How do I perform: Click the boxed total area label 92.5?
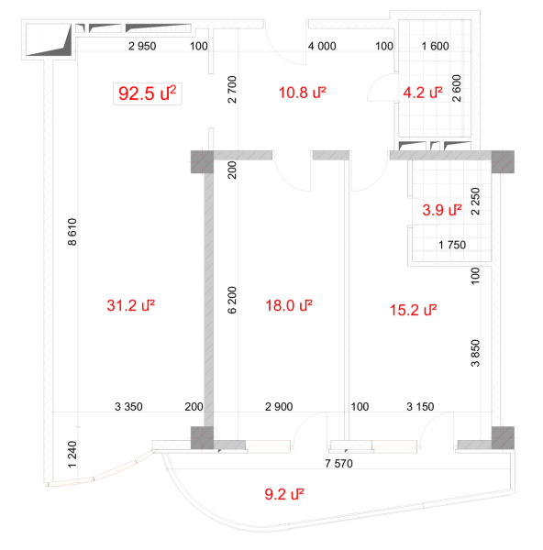148,93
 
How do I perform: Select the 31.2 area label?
131,305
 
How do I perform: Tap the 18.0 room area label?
289,305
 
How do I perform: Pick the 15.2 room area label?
414,310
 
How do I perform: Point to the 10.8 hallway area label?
302,93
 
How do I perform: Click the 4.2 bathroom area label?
423,93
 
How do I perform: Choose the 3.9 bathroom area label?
442,210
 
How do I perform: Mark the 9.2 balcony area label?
284,494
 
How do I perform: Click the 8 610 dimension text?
72,232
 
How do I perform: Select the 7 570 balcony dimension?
338,464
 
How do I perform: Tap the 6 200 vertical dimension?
232,300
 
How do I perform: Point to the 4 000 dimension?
322,46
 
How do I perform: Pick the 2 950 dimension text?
142,46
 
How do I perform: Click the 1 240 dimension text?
72,455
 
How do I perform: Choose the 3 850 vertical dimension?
475,353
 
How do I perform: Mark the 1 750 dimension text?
452,245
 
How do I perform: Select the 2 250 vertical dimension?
475,202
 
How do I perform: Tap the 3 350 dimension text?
128,407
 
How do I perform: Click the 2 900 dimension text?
279,407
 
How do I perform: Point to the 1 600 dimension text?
435,46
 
